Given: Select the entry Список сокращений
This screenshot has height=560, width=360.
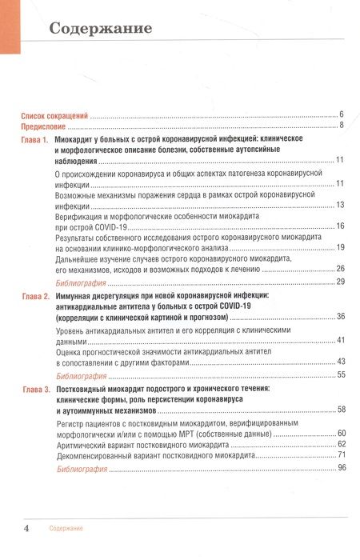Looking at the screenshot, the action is click(x=54, y=115).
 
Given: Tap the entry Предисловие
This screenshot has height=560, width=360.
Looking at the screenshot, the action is click(x=42, y=126).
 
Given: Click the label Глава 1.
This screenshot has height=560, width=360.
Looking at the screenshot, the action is click(x=34, y=141).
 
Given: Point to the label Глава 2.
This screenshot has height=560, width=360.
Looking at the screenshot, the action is click(x=34, y=297).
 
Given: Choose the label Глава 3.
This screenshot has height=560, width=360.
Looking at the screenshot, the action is click(x=34, y=389).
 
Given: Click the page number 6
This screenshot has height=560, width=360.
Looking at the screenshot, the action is click(x=342, y=115).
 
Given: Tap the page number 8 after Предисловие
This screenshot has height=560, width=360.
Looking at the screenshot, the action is click(x=342, y=126).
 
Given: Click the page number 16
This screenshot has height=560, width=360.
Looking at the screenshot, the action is click(x=340, y=227).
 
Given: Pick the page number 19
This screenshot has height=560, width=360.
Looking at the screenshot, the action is click(x=340, y=248).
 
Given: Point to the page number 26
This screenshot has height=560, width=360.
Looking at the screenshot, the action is click(x=340, y=269).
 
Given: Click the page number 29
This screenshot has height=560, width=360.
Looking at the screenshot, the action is click(x=340, y=282).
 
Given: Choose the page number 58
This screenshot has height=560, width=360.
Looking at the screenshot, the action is click(x=340, y=410).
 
